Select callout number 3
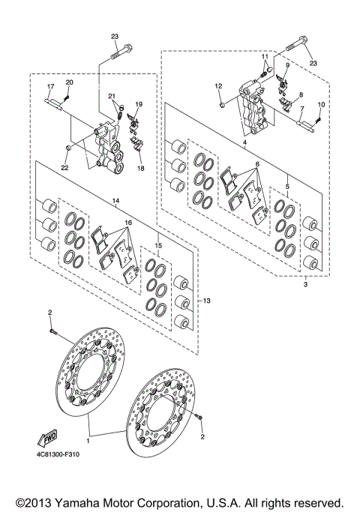click(x=307, y=285)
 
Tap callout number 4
click(x=244, y=142)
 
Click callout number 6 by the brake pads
click(x=256, y=164)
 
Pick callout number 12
click(x=218, y=87)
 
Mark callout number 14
click(x=115, y=201)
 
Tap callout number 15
click(x=159, y=245)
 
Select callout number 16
click(x=128, y=223)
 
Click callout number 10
click(x=321, y=104)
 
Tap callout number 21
click(x=111, y=97)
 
